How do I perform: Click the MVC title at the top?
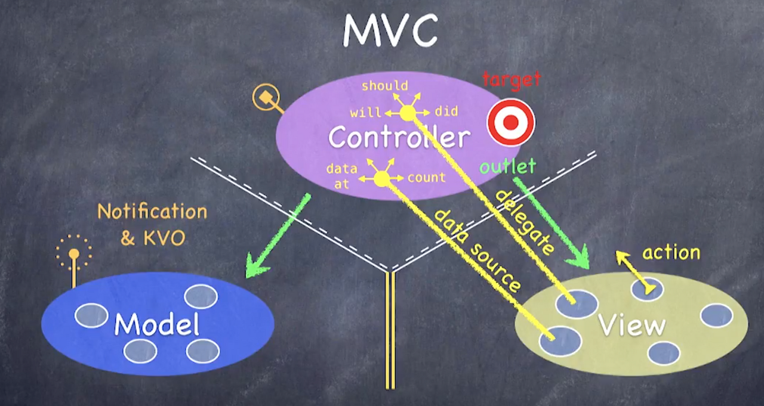(390, 31)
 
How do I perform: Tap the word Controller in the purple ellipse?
(399, 138)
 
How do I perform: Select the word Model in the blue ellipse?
(156, 324)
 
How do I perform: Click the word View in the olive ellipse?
(631, 325)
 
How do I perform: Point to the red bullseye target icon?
(511, 122)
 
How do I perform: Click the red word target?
(511, 79)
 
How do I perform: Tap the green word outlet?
(507, 166)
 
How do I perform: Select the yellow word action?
(671, 253)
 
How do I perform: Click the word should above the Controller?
(384, 86)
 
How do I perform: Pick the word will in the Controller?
(366, 113)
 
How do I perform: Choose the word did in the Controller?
(446, 111)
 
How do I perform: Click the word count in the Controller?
(426, 178)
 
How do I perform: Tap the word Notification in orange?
(152, 212)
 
